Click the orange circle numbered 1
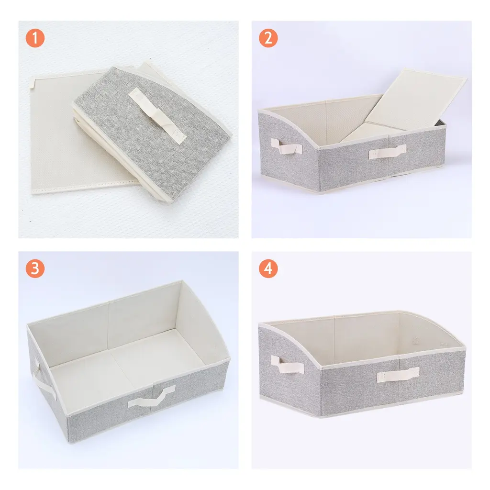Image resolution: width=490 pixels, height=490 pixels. point(35,38)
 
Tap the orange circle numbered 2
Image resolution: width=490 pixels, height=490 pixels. point(268,38)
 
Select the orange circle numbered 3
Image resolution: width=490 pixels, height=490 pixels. point(35,268)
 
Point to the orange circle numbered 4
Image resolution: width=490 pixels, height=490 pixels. point(268,268)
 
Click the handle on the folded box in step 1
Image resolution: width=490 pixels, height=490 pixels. point(157,116)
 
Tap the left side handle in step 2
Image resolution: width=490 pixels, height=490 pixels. point(287,146)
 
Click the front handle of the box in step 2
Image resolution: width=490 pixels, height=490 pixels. point(388,152)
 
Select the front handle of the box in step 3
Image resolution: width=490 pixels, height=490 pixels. point(151,396)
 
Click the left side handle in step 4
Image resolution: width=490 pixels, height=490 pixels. point(287,364)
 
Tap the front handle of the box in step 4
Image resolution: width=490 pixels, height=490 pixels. point(398,375)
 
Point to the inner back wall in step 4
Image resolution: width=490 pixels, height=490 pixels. point(366,337)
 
